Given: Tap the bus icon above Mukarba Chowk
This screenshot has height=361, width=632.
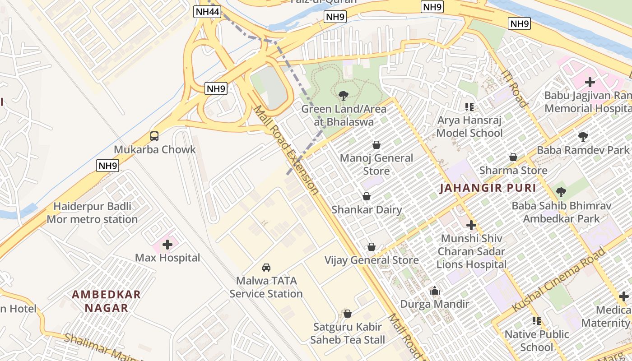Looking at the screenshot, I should [154, 136].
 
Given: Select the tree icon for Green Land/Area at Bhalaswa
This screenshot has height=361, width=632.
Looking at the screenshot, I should [344, 95].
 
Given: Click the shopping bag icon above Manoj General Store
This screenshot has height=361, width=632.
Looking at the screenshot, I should [376, 145].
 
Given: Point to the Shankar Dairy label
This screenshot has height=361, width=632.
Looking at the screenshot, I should [367, 210].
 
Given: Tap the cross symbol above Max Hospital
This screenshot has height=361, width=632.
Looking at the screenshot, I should [167, 245].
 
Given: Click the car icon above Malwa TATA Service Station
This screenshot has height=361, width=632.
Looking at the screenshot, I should [266, 268].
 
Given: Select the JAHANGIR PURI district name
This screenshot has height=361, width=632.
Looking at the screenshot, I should [488, 188].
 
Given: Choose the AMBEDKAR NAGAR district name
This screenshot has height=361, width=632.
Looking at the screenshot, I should [107, 301].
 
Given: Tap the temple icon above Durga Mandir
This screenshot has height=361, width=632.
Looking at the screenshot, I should [435, 291].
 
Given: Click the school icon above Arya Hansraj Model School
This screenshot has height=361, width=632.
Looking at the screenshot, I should [469, 107].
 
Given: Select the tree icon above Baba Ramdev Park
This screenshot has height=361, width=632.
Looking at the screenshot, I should [583, 136].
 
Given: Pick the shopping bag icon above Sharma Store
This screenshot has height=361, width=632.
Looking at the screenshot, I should [513, 157].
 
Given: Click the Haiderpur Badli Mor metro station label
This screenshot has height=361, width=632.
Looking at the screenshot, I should [93, 213].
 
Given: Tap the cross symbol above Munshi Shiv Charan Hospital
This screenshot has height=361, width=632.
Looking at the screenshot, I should [471, 225].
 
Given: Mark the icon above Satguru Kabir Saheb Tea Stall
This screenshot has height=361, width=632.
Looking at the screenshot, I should [348, 313].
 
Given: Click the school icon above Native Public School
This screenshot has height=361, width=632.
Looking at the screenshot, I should [537, 321].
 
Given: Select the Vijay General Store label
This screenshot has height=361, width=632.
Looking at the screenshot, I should [372, 260].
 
